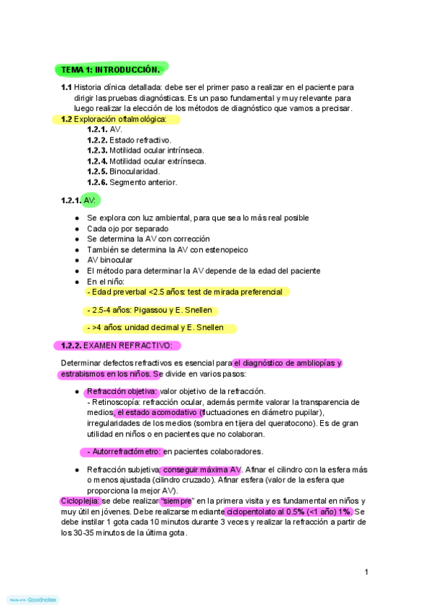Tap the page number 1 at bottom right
click(x=366, y=572)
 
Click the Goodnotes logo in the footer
click(x=32, y=599)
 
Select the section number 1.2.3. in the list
click(x=97, y=151)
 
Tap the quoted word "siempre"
click(x=176, y=501)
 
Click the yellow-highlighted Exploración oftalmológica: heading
click(x=120, y=119)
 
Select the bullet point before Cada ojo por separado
click(x=77, y=228)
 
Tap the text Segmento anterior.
click(x=143, y=182)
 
